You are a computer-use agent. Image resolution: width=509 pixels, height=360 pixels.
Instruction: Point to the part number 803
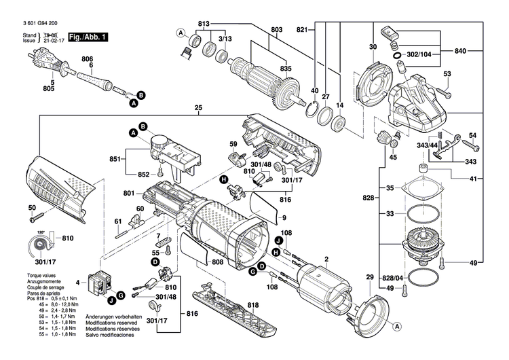tap(276, 29)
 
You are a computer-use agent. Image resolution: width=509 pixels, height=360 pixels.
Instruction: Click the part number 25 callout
tap(198, 107)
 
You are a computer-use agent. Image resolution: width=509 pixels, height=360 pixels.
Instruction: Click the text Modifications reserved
tap(113, 323)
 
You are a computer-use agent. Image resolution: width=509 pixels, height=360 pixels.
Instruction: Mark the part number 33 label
tap(390, 214)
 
